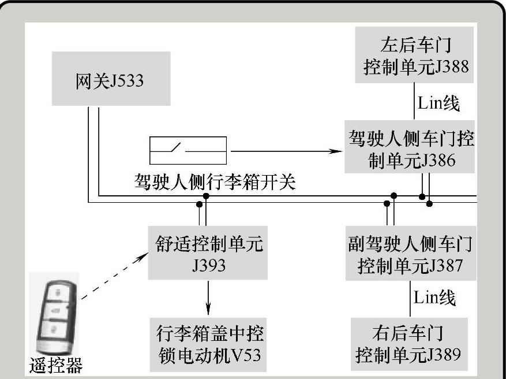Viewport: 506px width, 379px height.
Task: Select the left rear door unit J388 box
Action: coord(415,55)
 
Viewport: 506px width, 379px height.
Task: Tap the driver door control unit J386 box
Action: coord(411,147)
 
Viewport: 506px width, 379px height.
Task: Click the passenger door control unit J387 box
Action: coord(410,254)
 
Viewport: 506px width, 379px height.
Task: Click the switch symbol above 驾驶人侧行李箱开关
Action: coord(188,151)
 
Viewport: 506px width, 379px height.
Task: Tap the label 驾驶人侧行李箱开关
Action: coord(213,183)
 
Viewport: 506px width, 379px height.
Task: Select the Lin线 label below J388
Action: coord(438,103)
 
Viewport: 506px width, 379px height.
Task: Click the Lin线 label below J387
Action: coord(434,298)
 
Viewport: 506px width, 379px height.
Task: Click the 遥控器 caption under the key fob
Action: coord(56,365)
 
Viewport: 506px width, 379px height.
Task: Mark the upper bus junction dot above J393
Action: coord(206,196)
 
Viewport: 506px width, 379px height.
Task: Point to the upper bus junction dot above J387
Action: coord(394,196)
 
